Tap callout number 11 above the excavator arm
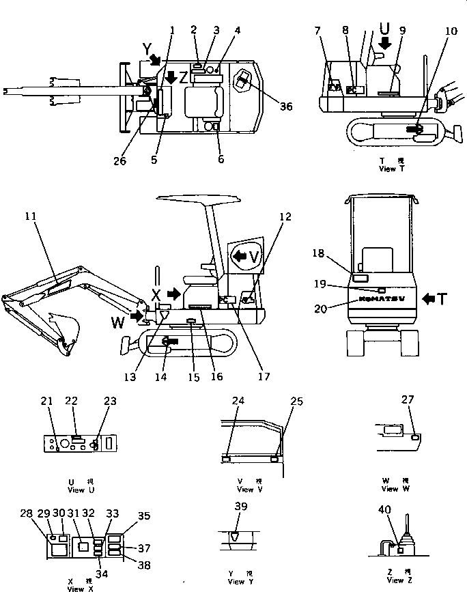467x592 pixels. click(x=31, y=216)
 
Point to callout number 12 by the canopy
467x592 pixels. click(x=285, y=216)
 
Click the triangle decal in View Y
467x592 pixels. click(x=236, y=537)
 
